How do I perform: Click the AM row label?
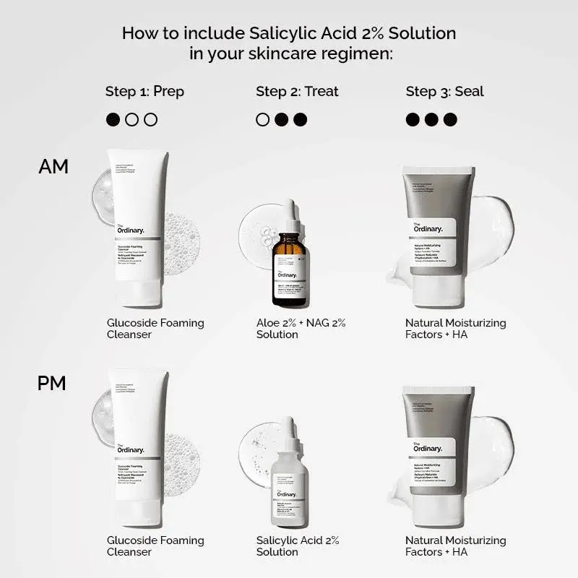(53, 166)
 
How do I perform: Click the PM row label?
(52, 383)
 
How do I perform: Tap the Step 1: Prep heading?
(144, 91)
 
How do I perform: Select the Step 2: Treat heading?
(297, 91)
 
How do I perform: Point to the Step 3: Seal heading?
(444, 91)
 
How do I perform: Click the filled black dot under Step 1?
(113, 119)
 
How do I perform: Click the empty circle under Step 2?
(263, 119)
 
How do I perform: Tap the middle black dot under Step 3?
(431, 119)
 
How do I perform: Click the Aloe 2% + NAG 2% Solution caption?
(301, 329)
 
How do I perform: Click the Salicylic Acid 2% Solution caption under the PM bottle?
(297, 546)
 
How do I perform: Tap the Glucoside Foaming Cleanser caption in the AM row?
(155, 329)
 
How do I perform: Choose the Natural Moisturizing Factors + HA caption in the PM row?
(455, 546)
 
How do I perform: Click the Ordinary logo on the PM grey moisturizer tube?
(428, 447)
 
